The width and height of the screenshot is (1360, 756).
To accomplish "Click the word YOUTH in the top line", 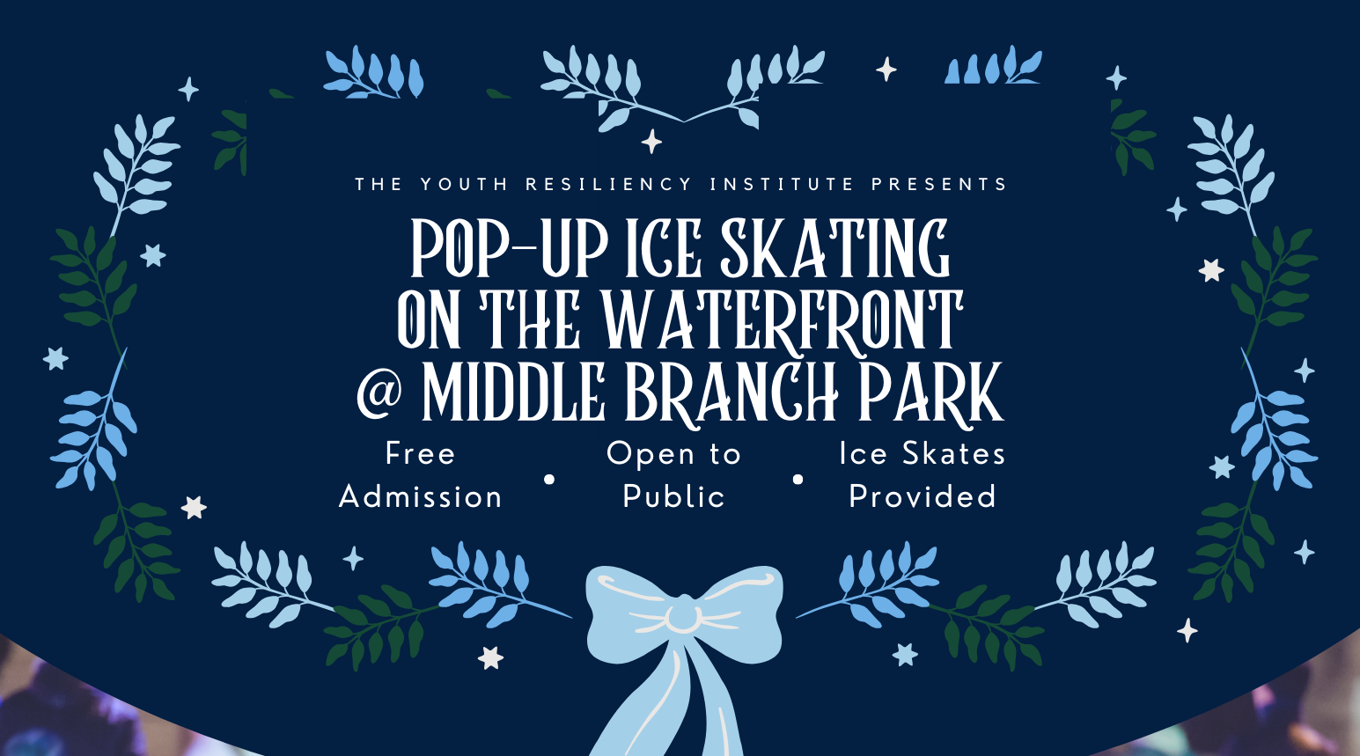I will coord(464,185).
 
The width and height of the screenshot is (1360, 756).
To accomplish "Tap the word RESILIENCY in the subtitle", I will coord(609,185).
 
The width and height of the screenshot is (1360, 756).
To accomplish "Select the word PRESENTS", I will coord(939,185).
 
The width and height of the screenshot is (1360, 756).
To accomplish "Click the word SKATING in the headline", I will coord(834,250).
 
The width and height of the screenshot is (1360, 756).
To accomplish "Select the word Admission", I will coord(421,497).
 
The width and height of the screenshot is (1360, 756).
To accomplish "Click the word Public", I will coord(673,497).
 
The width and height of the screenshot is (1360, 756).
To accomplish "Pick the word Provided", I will coord(923,497).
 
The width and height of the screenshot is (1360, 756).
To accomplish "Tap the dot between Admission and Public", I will coord(549,480).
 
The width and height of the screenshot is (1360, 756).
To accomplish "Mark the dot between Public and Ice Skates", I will coord(798,480).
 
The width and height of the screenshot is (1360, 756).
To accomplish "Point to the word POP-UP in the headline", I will coord(509,250).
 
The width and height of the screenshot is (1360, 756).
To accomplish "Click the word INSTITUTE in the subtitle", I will coord(783,185).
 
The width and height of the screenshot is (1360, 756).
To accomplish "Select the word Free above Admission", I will coord(421,454).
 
